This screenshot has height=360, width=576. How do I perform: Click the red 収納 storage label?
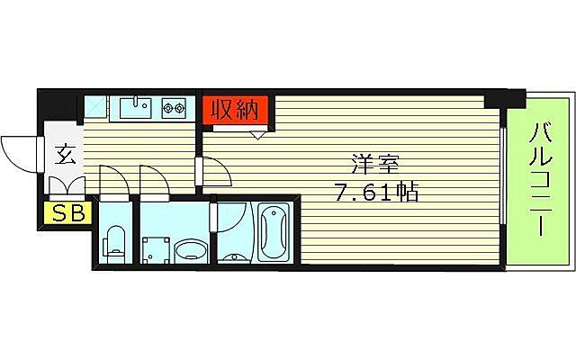point(235,110)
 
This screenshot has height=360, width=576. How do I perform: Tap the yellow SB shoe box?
point(65,213)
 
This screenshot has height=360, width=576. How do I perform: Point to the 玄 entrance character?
point(65,153)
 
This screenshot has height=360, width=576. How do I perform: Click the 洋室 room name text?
point(374,165)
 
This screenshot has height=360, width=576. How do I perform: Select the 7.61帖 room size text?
point(374,191)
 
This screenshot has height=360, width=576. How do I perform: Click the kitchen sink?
point(137,109)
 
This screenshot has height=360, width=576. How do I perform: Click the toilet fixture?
point(114,241)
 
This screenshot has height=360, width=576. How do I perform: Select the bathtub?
point(273,232)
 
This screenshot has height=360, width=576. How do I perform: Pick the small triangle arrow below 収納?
point(259,135)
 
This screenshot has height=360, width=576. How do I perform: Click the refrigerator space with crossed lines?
point(96,108)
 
